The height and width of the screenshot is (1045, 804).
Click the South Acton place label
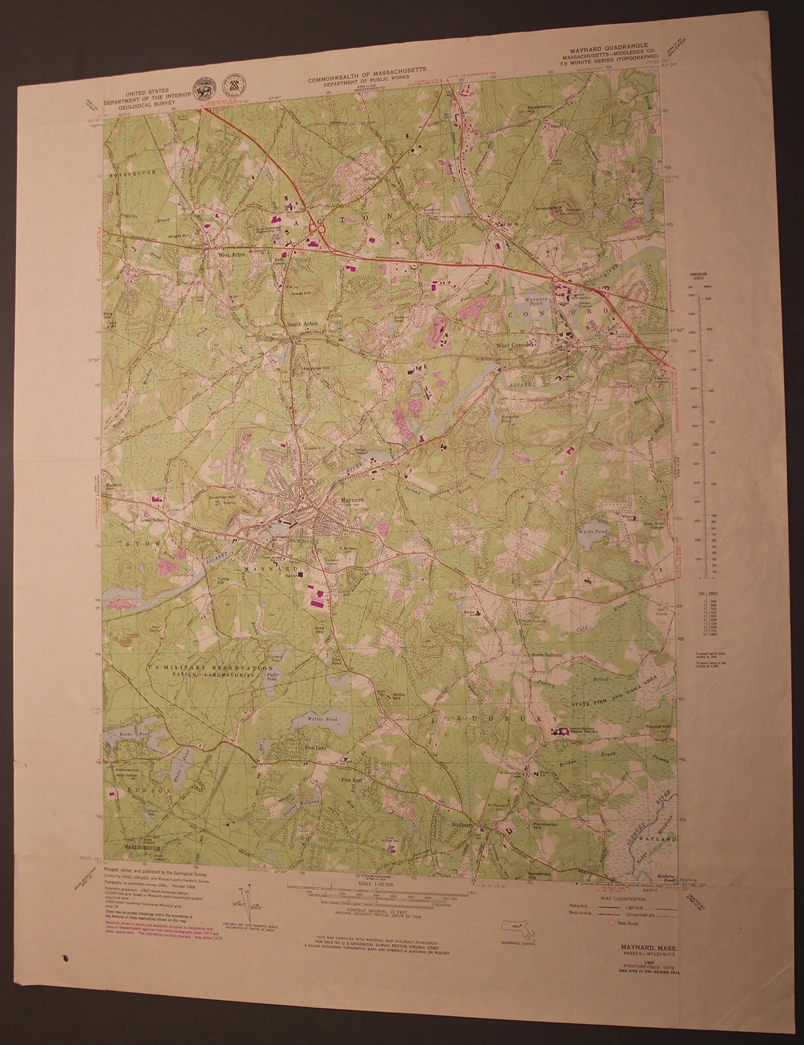tap(302, 324)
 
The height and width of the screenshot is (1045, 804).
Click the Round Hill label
tap(657, 726)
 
